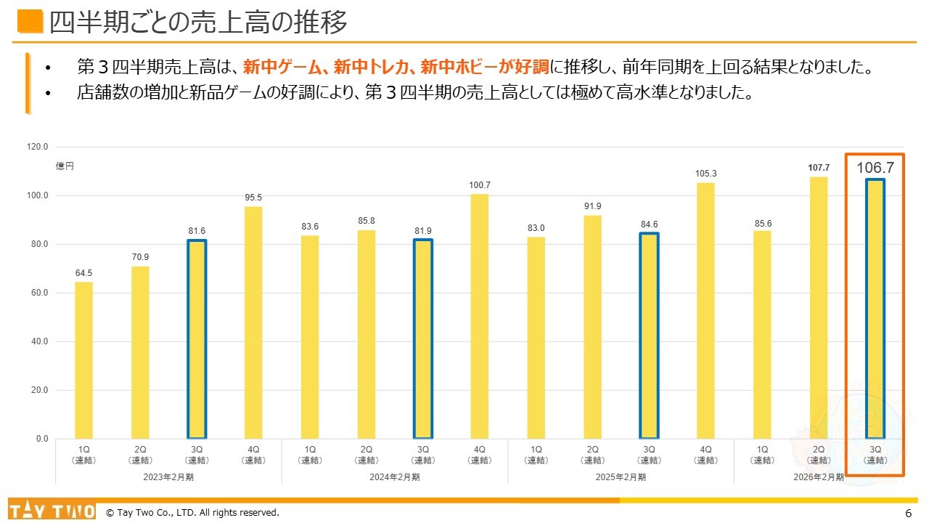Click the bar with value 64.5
(x=83, y=360)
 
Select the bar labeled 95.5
(x=253, y=323)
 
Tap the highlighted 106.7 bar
(x=875, y=309)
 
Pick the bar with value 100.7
(x=480, y=316)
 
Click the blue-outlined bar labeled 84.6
(x=649, y=336)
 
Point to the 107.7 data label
(x=819, y=168)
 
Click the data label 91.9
(x=592, y=206)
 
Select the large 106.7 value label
(x=875, y=169)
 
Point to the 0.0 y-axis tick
(x=41, y=439)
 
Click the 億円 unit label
(x=65, y=166)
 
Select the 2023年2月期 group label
(x=168, y=477)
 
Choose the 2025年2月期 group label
(x=621, y=477)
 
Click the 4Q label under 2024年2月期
(x=480, y=454)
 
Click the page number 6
(x=908, y=513)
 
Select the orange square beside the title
(x=30, y=22)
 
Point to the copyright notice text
(x=192, y=513)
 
